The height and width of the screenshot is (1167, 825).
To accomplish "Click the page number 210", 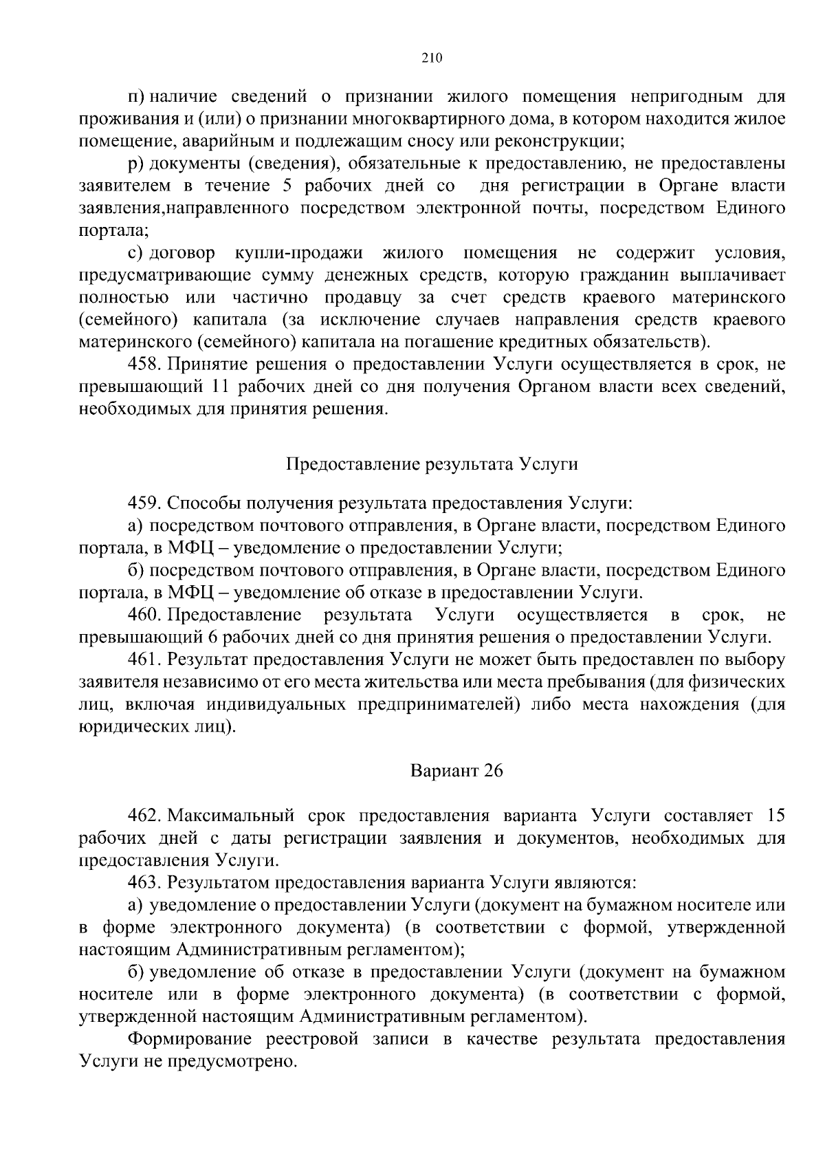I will pyautogui.click(x=431, y=58).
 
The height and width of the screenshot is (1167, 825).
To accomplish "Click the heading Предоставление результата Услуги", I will pyautogui.click(x=431, y=463).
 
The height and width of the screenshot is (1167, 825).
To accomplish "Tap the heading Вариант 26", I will pyautogui.click(x=456, y=771).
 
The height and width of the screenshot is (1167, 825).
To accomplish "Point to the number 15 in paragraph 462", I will pyautogui.click(x=775, y=816).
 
